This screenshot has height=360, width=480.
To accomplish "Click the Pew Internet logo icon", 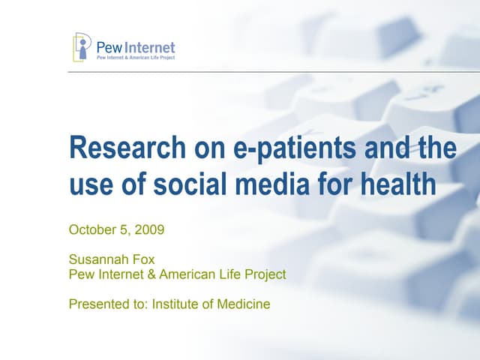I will pos(82,46).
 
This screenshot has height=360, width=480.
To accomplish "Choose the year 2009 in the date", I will pos(148,229).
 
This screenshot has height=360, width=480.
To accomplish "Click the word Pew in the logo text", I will pos(109,47).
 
